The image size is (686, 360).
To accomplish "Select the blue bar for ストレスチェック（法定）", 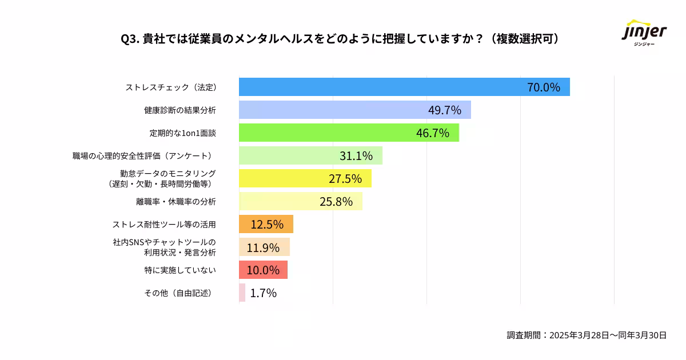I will pyautogui.click(x=377, y=87).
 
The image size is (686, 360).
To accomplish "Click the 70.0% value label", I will pyautogui.click(x=543, y=87).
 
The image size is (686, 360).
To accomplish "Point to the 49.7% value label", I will pyautogui.click(x=444, y=110).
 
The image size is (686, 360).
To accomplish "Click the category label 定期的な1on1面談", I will pyautogui.click(x=182, y=133).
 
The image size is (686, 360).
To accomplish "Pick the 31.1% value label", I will pyautogui.click(x=356, y=156).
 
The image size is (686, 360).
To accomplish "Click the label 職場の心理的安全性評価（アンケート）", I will pyautogui.click(x=144, y=156).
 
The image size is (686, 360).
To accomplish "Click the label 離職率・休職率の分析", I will pyautogui.click(x=176, y=202).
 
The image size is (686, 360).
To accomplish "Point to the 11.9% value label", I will pyautogui.click(x=263, y=247).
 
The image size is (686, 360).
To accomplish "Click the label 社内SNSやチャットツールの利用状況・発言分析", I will pyautogui.click(x=164, y=247).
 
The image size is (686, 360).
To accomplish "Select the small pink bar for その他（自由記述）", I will pyautogui.click(x=242, y=293).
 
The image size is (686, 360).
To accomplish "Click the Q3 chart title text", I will pyautogui.click(x=340, y=39).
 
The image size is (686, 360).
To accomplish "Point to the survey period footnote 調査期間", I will pyautogui.click(x=587, y=335).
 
